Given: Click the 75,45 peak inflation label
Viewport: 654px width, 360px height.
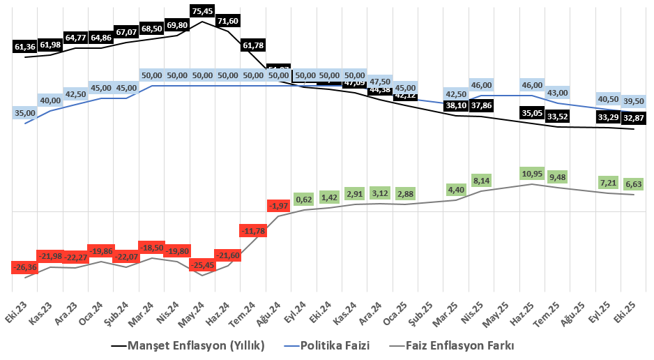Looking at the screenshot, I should point(202,10).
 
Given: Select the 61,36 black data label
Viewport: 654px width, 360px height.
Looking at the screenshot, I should point(25,47).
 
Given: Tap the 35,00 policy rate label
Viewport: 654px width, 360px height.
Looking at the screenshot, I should point(25,113).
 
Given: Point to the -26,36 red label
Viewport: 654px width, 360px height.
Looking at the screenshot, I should point(25,267).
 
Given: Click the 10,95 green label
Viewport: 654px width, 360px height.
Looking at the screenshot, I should point(532,173).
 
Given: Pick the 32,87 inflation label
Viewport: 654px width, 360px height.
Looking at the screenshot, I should point(633,118).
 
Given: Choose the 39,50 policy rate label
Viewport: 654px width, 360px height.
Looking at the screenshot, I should point(633,102).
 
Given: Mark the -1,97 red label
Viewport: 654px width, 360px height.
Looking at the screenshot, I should point(279,205).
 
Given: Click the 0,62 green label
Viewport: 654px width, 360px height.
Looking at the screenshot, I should point(304,199).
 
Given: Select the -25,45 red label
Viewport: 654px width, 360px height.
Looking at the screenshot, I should point(202,265).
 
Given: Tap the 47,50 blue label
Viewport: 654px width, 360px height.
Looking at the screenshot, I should point(380,80).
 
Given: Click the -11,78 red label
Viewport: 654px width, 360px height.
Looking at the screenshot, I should point(253,231).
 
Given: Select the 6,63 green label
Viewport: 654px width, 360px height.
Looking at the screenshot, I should point(633,184).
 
